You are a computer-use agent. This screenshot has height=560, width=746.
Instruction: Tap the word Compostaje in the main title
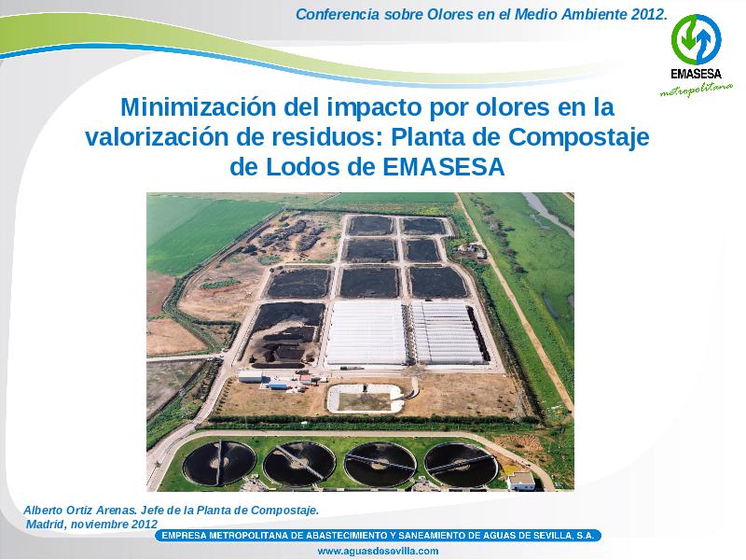(x=578, y=138)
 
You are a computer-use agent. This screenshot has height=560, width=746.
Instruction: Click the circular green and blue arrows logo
(x=696, y=40)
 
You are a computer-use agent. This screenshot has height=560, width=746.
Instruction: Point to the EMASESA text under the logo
(x=696, y=75)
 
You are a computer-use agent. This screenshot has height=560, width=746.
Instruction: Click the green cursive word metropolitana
(x=696, y=89)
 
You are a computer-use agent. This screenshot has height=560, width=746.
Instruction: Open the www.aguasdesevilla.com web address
(x=378, y=551)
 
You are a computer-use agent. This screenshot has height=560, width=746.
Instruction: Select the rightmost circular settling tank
(x=461, y=465)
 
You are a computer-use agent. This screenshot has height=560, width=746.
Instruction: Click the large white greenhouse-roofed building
(x=366, y=332)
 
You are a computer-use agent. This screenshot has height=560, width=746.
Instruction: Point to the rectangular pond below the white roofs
(x=366, y=399)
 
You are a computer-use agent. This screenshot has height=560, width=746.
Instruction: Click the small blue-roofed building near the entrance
(x=278, y=385)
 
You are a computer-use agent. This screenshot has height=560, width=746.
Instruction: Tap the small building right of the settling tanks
(x=521, y=481)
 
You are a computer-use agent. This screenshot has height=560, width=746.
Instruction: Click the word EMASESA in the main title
(x=444, y=167)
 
